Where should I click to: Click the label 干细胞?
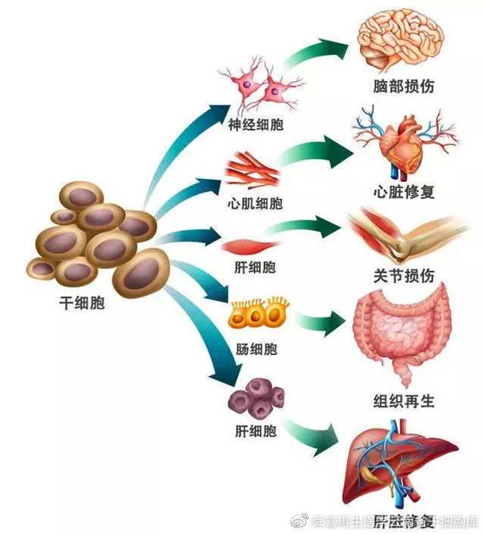coord(82,304)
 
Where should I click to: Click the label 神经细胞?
coord(256,124)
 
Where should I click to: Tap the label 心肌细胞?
coord(255,203)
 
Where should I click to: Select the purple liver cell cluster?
coord(257,400)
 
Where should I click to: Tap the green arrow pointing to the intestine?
coord(318,323)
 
